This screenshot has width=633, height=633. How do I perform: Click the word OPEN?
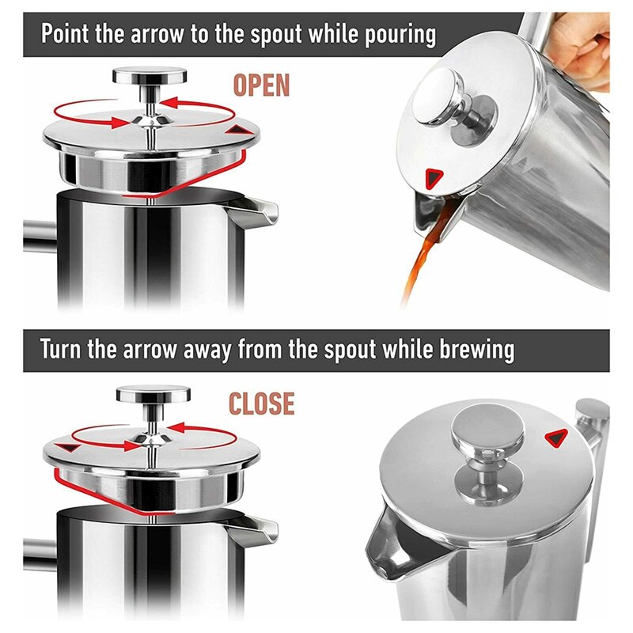pos(261,85)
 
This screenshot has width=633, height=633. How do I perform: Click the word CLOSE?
pos(261,404)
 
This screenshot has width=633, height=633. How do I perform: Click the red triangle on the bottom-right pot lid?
pos(557,436)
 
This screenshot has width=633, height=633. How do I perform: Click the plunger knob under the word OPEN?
pos(150,77)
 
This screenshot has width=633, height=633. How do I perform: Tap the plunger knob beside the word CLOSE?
pos(154,393)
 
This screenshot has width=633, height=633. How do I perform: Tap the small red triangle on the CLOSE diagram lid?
pos(69,448)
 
